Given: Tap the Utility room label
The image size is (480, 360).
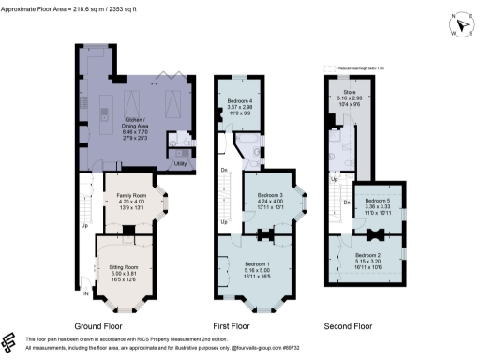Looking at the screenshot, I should (x=178, y=162).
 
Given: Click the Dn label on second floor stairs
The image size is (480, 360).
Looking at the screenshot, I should (x=346, y=201).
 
